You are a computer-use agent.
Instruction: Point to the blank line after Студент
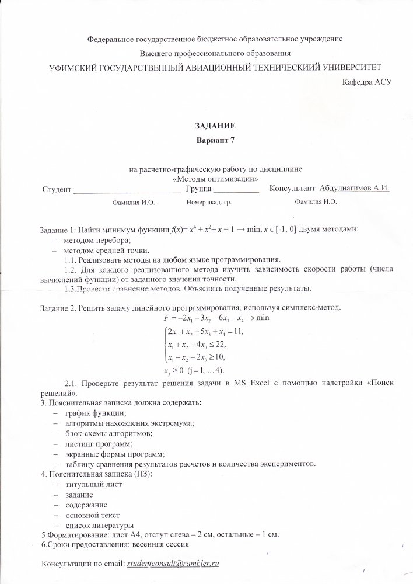127,190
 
